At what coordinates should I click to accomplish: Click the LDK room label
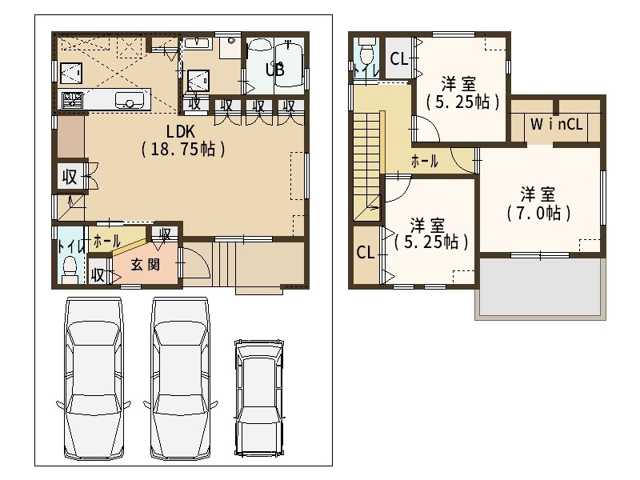tap(181, 131)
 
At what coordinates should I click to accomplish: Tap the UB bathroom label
tap(274, 70)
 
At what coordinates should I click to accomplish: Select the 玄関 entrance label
tap(145, 265)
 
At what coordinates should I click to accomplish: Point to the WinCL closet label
tap(556, 124)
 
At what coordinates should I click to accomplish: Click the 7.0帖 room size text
tap(538, 213)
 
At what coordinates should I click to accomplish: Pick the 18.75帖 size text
tap(183, 150)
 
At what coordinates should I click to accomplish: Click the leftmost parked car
tap(94, 378)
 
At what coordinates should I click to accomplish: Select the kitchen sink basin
tap(130, 99)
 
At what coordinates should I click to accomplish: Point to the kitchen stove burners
tap(72, 99)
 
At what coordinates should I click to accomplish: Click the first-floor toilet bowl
tap(70, 266)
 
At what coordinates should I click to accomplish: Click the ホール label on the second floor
tap(425, 162)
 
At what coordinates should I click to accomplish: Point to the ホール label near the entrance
tap(106, 242)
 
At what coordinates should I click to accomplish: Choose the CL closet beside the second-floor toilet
tap(398, 58)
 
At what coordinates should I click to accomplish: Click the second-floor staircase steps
tap(366, 167)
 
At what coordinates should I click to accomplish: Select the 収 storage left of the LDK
tap(70, 177)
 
